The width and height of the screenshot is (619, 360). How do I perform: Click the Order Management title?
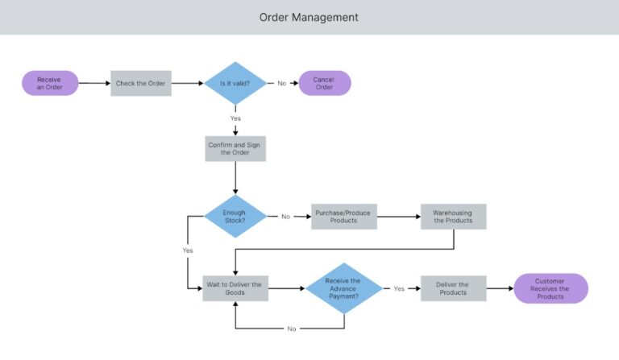click(x=309, y=17)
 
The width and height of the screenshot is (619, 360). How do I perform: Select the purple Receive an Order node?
click(x=50, y=83)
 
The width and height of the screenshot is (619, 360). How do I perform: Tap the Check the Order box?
click(x=140, y=83)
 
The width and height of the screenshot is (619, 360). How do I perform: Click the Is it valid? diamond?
click(x=235, y=83)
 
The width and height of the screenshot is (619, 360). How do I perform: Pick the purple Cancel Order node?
click(x=324, y=83)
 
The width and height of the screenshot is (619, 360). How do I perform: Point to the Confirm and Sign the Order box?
click(x=235, y=148)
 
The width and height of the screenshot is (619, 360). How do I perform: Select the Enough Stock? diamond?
click(x=235, y=216)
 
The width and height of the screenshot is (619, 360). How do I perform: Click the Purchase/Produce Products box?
click(x=343, y=216)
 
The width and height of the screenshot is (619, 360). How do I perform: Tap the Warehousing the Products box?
click(x=453, y=216)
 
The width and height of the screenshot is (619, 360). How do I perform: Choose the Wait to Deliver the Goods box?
click(x=235, y=288)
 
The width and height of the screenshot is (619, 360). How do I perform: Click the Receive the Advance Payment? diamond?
click(x=343, y=288)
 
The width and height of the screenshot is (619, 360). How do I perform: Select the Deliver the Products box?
click(x=453, y=288)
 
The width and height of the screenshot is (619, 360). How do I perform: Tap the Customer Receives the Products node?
click(x=550, y=288)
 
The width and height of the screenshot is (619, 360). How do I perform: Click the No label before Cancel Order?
click(x=281, y=83)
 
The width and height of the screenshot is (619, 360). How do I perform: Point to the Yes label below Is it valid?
click(x=235, y=118)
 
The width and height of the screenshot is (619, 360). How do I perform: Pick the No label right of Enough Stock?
click(x=285, y=216)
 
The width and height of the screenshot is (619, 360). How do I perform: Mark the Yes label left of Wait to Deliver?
click(x=187, y=250)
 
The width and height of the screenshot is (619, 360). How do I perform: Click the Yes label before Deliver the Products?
click(x=398, y=288)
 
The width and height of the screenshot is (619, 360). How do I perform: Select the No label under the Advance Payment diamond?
click(x=291, y=329)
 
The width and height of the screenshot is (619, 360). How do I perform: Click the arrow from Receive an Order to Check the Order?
click(x=94, y=83)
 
